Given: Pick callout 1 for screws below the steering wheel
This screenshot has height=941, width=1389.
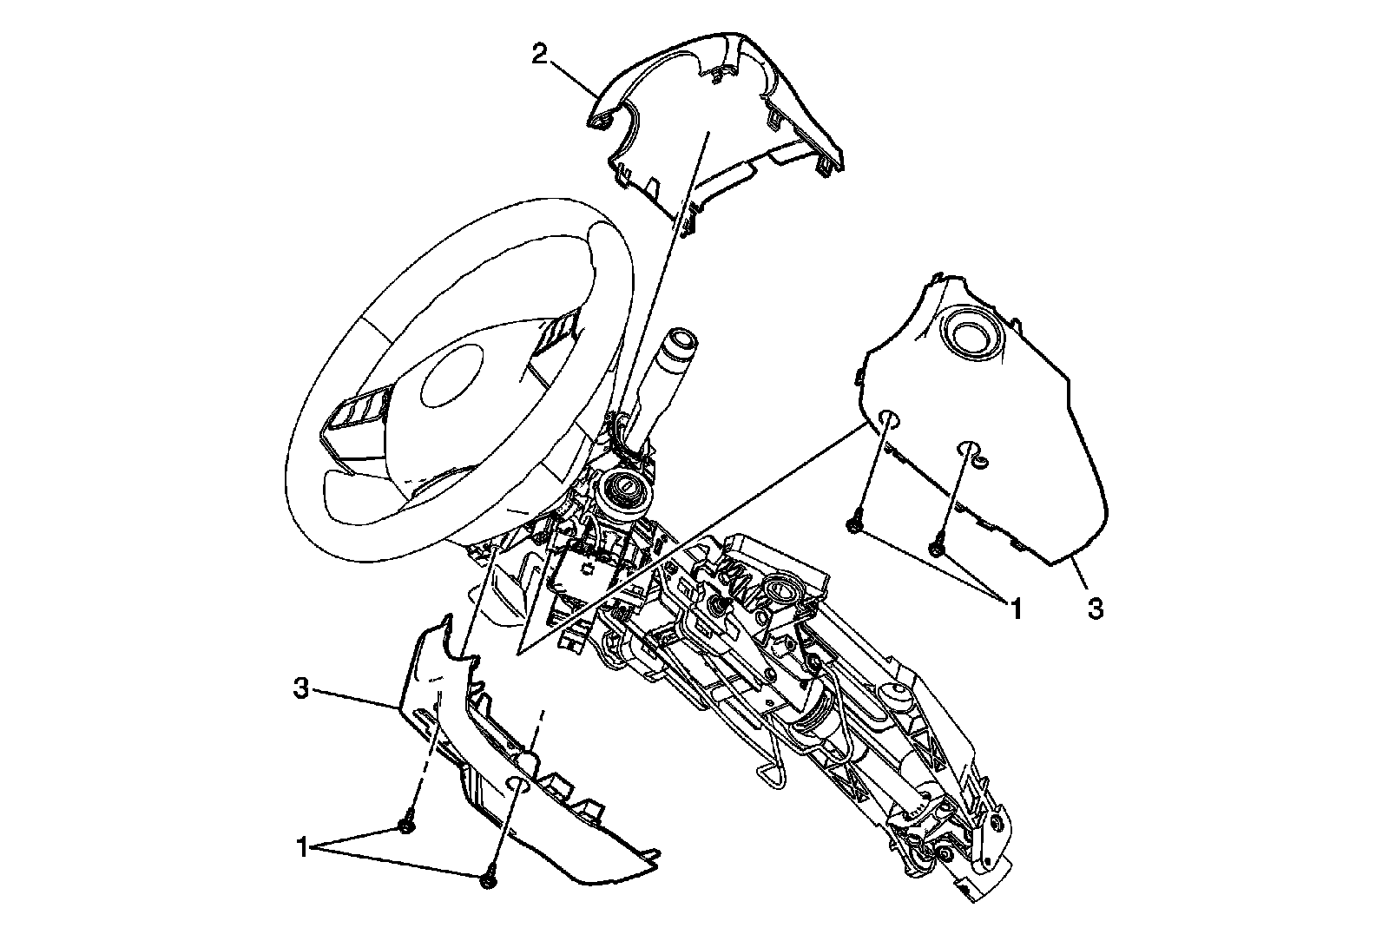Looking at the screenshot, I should pyautogui.click(x=302, y=846).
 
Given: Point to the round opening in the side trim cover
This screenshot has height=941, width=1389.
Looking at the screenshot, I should pyautogui.click(x=970, y=333).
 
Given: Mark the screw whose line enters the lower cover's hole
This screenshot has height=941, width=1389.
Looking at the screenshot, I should pyautogui.click(x=488, y=881).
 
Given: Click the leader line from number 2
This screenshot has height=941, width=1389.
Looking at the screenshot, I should pyautogui.click(x=574, y=76).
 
